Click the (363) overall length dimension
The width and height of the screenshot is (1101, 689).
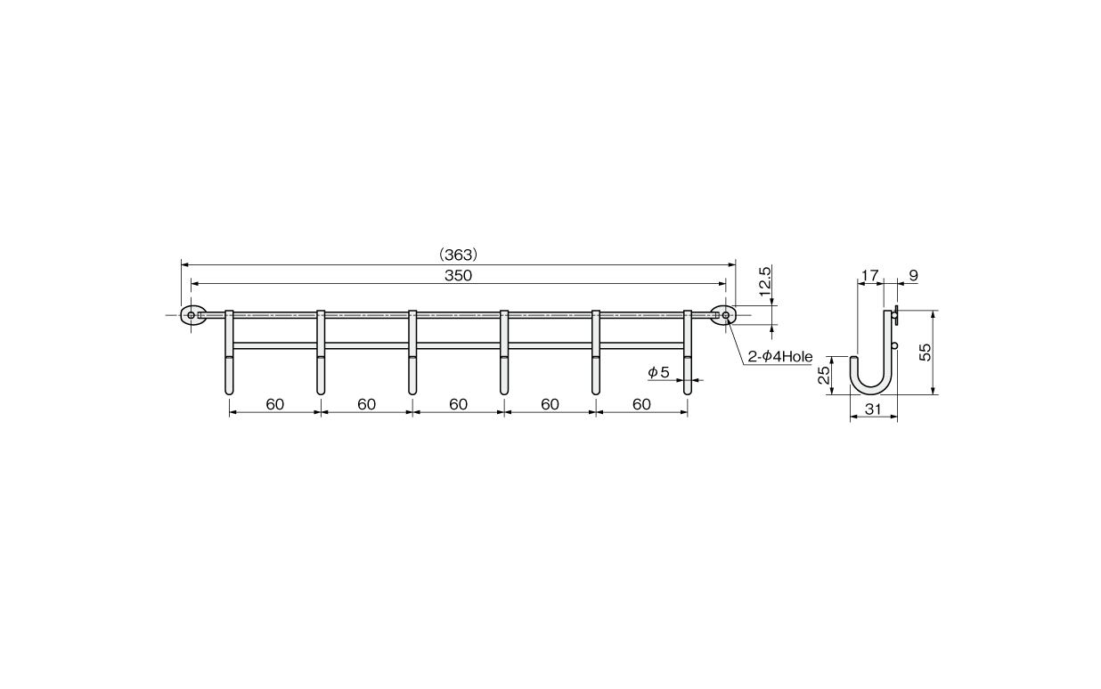coord(458,255)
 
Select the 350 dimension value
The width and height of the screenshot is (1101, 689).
coord(458,275)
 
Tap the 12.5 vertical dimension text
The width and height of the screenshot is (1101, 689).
coord(765,281)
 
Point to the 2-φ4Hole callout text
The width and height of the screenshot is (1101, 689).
coord(780,357)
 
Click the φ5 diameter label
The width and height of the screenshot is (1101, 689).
coord(658,372)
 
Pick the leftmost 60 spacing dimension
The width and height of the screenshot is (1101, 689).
coord(274,404)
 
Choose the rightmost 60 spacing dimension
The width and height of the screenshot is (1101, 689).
coord(641,404)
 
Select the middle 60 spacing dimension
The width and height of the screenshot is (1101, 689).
coord(458,404)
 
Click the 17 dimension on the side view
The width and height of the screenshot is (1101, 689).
coord(869,275)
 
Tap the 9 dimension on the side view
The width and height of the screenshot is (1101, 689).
coord(913,275)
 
